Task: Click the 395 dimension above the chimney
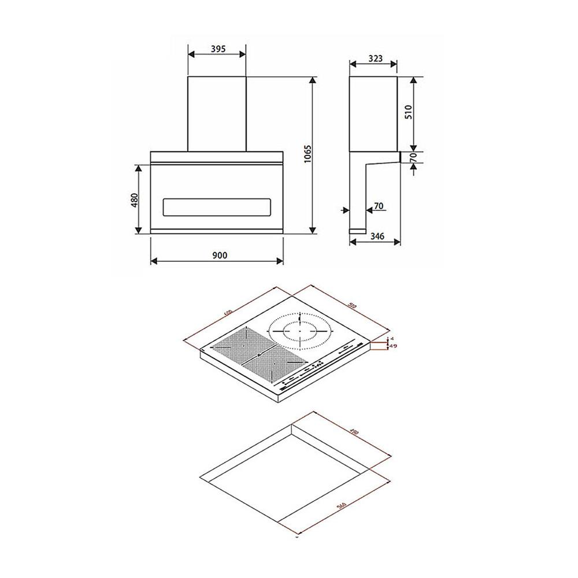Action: tap(217, 49)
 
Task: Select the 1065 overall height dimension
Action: tap(307, 155)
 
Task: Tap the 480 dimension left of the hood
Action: tap(134, 200)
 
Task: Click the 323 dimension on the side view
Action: tap(375, 58)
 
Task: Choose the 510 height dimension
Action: tap(409, 112)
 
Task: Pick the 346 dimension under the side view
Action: tap(377, 236)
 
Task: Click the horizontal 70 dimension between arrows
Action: tap(379, 205)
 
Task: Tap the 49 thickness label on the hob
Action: tap(393, 346)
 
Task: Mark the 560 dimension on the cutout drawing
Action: tap(341, 506)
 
